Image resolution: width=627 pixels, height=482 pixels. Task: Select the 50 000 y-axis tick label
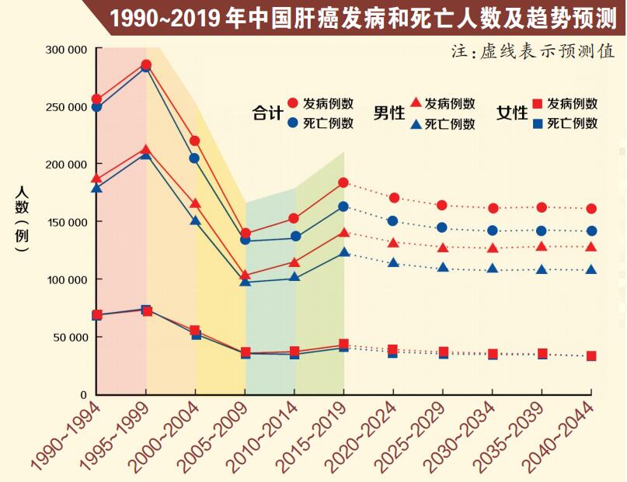click(x=68, y=338)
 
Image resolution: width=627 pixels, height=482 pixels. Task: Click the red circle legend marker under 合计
click(x=293, y=103)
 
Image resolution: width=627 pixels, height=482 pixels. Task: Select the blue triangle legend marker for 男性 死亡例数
click(x=416, y=123)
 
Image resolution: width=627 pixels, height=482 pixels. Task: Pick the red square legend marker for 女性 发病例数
click(x=537, y=103)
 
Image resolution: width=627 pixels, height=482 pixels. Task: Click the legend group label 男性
click(x=388, y=113)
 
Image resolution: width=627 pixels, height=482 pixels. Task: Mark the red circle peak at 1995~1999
click(x=146, y=65)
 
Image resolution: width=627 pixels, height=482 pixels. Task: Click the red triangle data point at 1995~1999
click(x=146, y=149)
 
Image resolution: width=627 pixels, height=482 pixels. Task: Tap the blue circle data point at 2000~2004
click(x=194, y=158)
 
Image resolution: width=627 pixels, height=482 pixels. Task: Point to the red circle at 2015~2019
click(x=343, y=182)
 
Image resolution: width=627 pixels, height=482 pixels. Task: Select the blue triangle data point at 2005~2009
click(x=245, y=281)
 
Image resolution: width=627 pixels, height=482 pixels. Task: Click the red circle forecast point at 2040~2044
click(x=591, y=209)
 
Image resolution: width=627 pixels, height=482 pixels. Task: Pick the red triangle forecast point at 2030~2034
click(x=493, y=248)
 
